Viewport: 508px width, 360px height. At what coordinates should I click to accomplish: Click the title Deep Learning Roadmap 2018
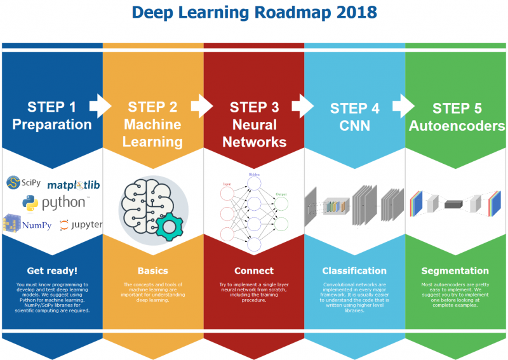(254, 12)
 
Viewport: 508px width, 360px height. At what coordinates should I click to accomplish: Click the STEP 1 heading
(52, 107)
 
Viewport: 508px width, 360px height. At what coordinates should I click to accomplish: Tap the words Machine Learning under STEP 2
(152, 133)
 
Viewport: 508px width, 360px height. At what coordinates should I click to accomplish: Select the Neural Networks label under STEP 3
(254, 133)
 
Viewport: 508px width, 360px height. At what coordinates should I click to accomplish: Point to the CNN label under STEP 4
(355, 126)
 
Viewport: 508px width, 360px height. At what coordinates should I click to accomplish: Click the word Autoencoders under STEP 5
(457, 126)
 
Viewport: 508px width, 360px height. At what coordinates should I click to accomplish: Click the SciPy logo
(23, 183)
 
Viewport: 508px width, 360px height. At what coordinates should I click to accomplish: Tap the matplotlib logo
(74, 185)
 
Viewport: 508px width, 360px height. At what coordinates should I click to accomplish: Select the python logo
(54, 203)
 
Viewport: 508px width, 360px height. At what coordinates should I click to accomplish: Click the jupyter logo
(80, 224)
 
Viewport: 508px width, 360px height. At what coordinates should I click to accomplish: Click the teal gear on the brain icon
(170, 227)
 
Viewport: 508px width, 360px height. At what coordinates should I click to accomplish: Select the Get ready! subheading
(52, 271)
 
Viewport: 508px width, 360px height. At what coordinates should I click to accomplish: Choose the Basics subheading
(152, 271)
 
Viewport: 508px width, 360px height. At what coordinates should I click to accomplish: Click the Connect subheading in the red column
(254, 271)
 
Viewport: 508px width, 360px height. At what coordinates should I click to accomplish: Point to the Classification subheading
(354, 271)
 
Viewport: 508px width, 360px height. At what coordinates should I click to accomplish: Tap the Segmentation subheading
(456, 271)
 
